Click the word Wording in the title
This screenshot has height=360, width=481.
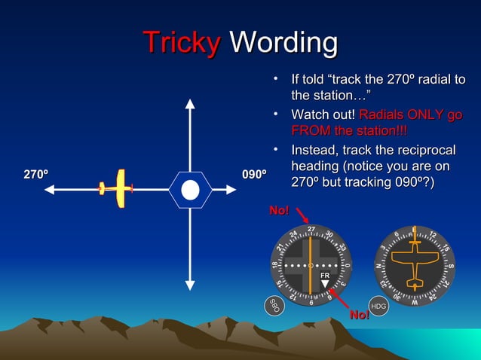(x=283, y=42)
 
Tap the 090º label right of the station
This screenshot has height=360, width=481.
(x=254, y=175)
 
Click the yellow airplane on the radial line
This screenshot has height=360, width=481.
(x=116, y=188)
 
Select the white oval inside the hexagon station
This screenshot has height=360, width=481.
(x=190, y=189)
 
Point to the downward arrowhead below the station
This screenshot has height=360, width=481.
(x=190, y=285)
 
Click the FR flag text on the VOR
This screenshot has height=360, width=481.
(x=325, y=276)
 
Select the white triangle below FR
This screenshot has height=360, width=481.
(x=325, y=285)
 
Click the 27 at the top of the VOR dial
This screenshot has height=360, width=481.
(x=311, y=229)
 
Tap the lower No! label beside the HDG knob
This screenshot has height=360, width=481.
(x=359, y=314)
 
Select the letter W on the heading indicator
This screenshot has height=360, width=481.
(x=414, y=301)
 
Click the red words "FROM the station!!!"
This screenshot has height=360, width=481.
(x=349, y=131)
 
